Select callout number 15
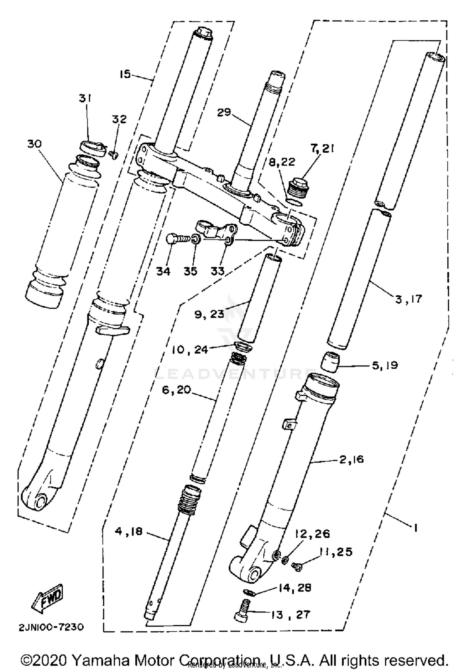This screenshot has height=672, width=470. tap(125, 74)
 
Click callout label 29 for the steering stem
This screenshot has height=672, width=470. tap(224, 112)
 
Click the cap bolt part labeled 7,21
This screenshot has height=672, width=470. tap(300, 187)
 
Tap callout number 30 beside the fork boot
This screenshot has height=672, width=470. tap(34, 144)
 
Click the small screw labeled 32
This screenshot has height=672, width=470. tap(114, 154)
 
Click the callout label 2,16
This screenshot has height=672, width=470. tap(351, 459)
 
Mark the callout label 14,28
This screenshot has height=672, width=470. tap(295, 588)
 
